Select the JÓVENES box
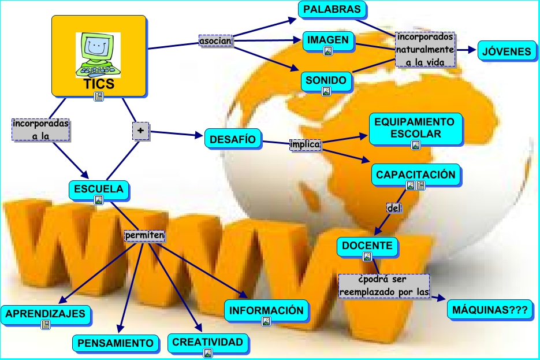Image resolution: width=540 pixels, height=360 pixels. (505, 51)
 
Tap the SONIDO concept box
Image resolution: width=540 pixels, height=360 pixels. (326, 80)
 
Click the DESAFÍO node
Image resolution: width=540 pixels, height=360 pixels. (233, 139)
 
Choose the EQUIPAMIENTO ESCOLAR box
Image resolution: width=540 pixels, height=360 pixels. (415, 128)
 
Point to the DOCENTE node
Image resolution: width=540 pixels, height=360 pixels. (367, 246)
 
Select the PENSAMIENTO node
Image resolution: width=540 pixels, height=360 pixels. (116, 343)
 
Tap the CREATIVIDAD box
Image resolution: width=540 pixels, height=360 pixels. (208, 342)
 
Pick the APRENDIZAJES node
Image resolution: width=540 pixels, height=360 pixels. (46, 314)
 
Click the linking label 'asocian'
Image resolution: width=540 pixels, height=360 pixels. (215, 41)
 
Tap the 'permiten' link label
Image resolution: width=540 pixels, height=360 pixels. (145, 236)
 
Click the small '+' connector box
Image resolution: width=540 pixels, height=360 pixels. (140, 132)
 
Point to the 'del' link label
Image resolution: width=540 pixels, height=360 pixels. (393, 208)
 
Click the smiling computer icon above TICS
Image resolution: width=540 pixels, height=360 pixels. (98, 54)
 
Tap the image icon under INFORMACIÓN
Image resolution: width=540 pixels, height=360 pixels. (266, 321)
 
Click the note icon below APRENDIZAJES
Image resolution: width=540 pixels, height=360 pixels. (46, 325)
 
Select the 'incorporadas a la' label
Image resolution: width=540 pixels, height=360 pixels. (40, 129)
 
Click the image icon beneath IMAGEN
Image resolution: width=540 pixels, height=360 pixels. (327, 51)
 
